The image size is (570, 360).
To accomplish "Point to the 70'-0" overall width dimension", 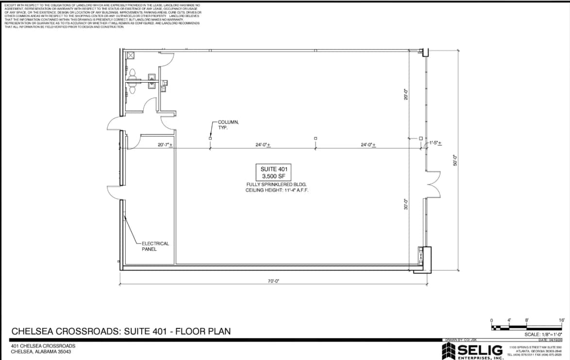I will [274, 281].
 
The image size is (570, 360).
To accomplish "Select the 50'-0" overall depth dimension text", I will [455, 160].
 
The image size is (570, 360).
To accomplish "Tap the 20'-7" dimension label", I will [165, 145].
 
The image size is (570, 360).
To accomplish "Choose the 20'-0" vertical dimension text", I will [406, 94].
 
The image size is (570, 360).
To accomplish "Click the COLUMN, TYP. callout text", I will [228, 124].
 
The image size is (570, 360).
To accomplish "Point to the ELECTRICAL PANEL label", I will [155, 246].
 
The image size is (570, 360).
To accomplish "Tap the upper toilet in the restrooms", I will [132, 74].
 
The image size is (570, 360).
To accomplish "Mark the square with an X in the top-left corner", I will [130, 55].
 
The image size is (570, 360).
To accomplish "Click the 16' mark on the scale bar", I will [561, 321].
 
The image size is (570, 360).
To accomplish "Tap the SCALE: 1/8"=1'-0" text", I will [543, 334].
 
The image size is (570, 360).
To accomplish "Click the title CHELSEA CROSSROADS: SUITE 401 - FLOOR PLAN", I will [121, 331].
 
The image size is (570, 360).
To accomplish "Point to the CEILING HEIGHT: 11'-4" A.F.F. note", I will [277, 190].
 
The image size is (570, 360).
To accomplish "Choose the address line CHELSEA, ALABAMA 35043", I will [41, 352].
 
